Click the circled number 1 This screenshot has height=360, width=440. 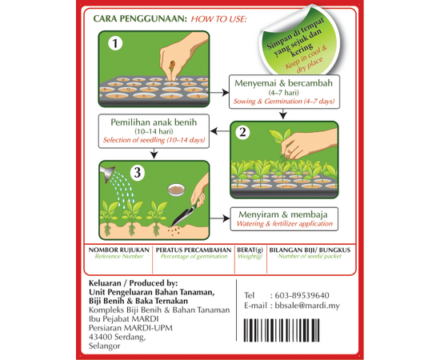115,43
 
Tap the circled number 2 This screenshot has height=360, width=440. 242,132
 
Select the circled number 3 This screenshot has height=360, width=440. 138,173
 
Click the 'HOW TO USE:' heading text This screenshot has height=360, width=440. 218,19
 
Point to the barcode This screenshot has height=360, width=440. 282,330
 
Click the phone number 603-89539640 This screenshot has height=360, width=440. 302,295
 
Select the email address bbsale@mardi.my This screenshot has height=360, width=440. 307,306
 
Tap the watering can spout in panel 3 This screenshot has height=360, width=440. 107,174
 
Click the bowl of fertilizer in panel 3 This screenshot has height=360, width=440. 176,190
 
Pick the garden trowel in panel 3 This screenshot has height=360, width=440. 184,214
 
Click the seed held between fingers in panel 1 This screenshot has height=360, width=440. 172,65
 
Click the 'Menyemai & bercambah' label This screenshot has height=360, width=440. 283,83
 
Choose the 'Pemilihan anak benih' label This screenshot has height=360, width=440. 154,122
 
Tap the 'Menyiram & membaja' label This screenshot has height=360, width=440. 283,214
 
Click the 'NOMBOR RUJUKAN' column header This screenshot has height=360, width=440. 119,250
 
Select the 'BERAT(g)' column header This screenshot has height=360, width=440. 250,250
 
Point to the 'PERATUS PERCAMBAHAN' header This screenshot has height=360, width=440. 194,250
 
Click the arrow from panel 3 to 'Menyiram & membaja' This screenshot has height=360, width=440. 220,218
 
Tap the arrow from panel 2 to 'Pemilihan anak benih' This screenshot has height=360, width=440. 220,130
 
